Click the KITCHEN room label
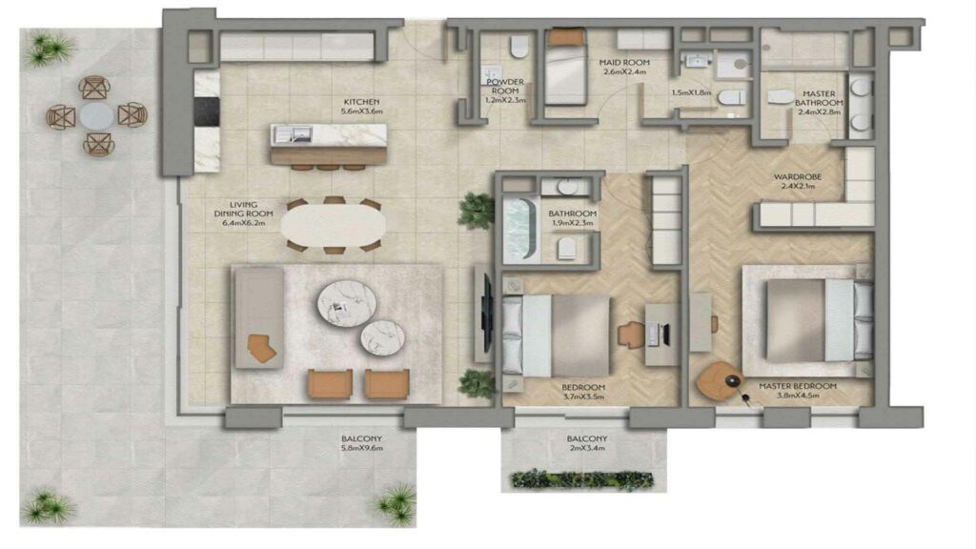[x=362, y=101]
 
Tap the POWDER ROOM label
[x=506, y=88]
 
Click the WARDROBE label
[x=798, y=176]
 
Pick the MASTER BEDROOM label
[x=797, y=386]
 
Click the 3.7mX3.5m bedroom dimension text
[x=582, y=397]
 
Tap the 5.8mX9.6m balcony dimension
[x=361, y=448]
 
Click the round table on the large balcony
[x=96, y=116]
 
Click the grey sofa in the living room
[x=257, y=319]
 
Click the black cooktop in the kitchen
[x=207, y=112]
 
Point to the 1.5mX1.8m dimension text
[x=691, y=93]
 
